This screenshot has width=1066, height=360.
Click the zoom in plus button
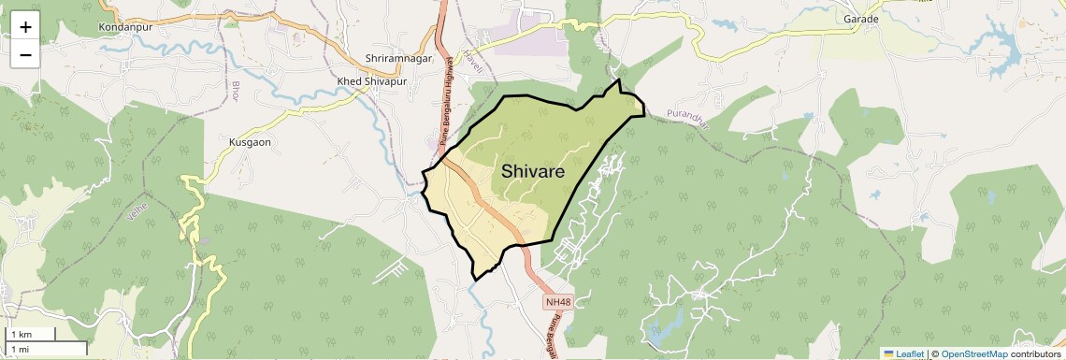[x=25, y=27]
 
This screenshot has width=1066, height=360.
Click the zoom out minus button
[x=25, y=54]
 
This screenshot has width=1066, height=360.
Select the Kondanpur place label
[x=126, y=27]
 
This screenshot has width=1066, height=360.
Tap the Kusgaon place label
[x=250, y=142]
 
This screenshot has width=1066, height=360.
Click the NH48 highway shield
[x=558, y=302]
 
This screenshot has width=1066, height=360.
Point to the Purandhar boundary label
[x=688, y=115]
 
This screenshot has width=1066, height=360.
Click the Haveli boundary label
[x=474, y=63]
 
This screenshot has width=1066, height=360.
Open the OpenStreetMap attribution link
[x=973, y=353]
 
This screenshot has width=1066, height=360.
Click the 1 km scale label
[x=21, y=335]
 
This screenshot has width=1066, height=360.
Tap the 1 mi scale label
[x=20, y=349]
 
